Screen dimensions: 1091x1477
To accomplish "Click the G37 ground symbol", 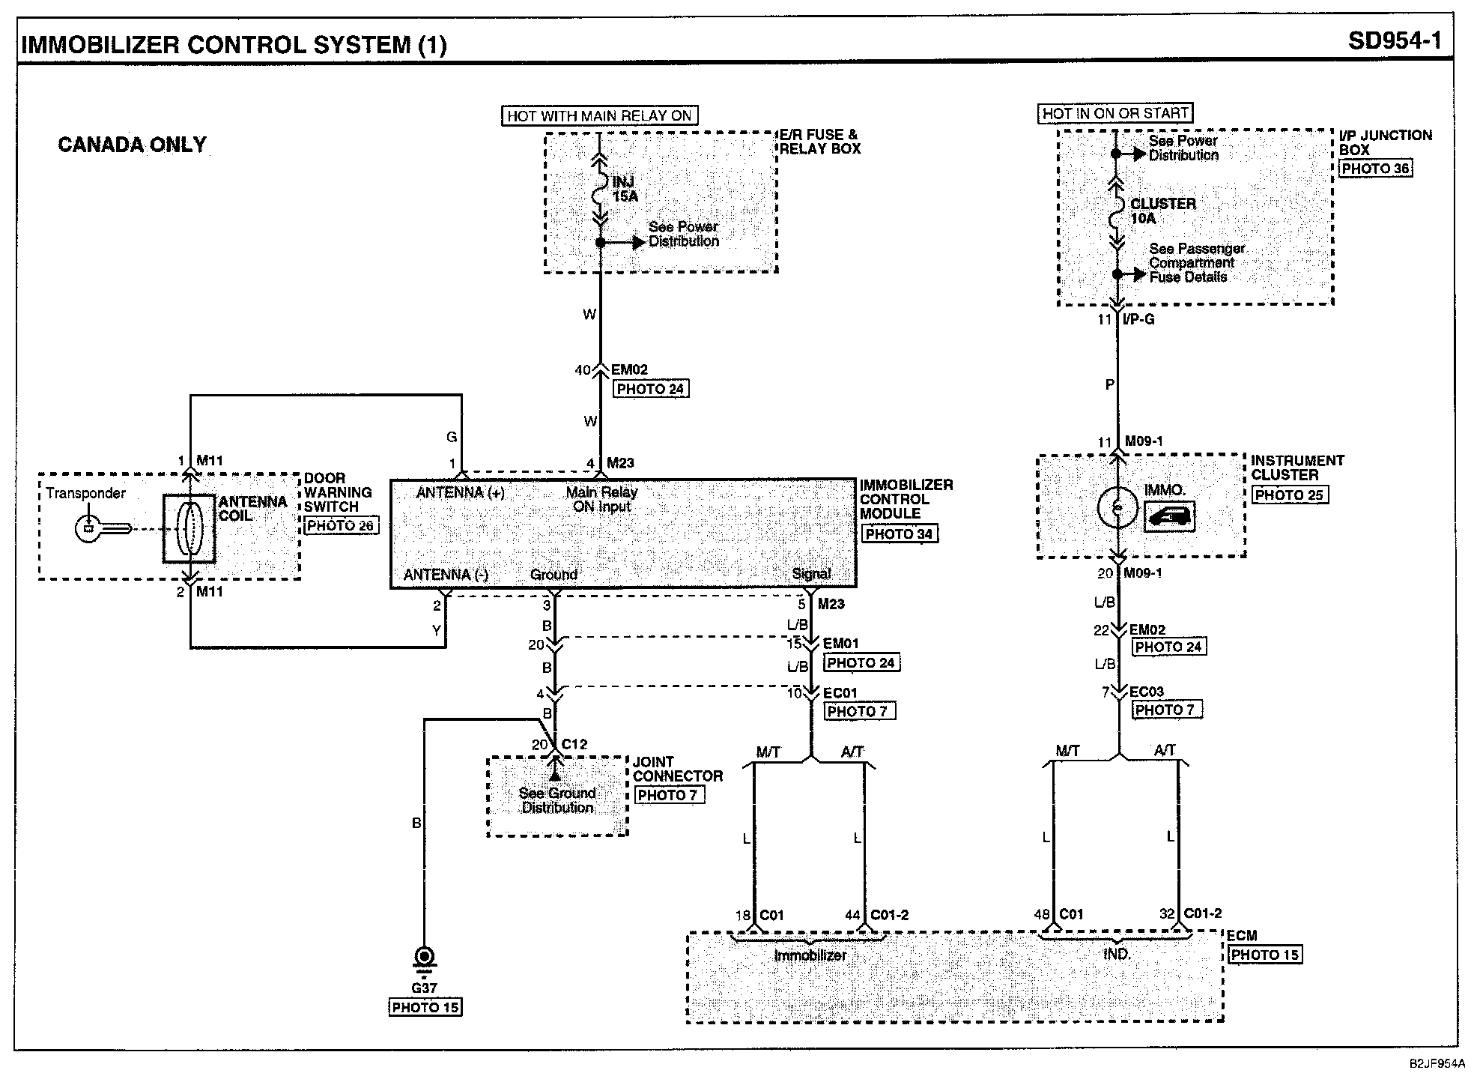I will tap(424, 959).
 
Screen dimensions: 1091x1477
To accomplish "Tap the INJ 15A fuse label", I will tap(625, 189).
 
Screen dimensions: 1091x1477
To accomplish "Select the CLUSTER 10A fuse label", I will tap(1162, 211).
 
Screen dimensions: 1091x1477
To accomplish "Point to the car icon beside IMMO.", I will tap(1170, 516).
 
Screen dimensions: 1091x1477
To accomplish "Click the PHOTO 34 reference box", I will tap(899, 534).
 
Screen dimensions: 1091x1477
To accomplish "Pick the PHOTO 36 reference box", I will tap(1375, 169).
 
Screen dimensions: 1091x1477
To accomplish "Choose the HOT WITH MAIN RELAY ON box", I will tap(599, 115).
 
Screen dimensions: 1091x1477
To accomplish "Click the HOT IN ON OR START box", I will tap(1115, 113).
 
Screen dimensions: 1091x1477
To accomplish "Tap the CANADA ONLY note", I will tap(132, 145).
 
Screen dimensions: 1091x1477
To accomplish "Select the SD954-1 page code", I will tap(1395, 40).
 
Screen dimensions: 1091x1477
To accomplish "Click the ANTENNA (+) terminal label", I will tap(460, 492).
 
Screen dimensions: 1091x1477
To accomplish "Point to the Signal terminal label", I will tap(811, 574).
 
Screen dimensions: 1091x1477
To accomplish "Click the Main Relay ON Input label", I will tap(601, 499).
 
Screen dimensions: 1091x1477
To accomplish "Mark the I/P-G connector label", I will tap(1138, 320).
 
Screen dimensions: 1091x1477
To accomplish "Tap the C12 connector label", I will tap(574, 744).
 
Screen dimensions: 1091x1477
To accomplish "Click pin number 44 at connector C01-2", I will tap(852, 915).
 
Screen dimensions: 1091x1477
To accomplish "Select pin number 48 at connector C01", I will tap(1042, 914).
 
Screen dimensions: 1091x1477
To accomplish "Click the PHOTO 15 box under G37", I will tap(425, 1008).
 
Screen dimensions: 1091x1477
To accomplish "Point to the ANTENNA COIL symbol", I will tap(189, 528).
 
